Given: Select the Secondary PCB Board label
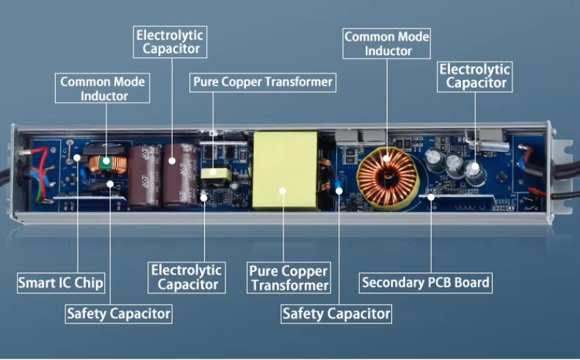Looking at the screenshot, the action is (x=425, y=282).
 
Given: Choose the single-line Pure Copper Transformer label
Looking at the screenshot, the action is (x=262, y=82).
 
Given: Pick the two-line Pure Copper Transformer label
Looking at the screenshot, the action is (x=289, y=278).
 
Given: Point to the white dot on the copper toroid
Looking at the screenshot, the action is (x=387, y=156).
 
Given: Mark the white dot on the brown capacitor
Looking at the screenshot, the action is (x=172, y=159).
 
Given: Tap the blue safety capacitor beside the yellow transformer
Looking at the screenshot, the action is (x=339, y=189).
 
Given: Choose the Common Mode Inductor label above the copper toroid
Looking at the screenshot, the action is (x=387, y=43).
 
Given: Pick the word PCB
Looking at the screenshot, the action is (x=441, y=282).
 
